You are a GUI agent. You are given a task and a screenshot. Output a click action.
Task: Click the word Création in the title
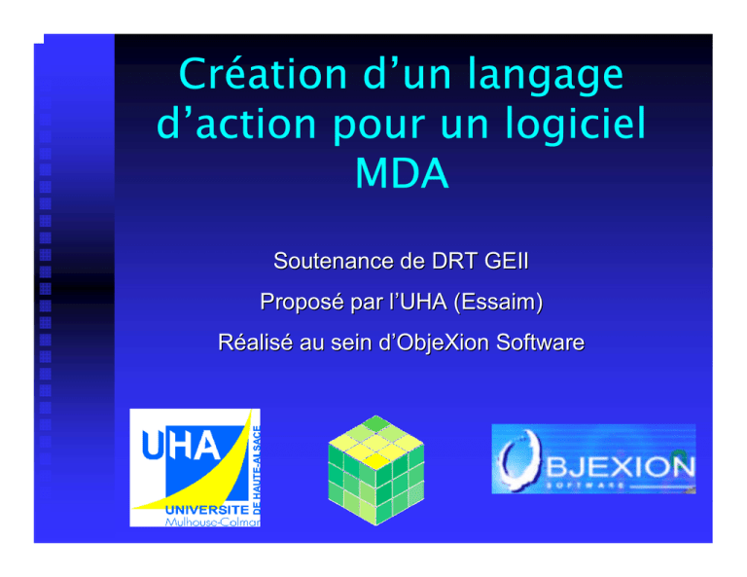coord(263,74)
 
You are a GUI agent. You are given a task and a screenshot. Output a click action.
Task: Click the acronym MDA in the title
coord(402,173)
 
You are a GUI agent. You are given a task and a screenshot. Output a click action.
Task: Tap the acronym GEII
coord(506,261)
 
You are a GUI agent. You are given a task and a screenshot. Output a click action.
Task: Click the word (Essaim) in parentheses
coord(498,302)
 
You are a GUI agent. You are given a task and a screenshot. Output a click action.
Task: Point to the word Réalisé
coord(255,343)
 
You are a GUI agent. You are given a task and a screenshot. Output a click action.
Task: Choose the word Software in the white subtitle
coord(540,343)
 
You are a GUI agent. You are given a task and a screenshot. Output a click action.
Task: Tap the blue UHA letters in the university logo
coord(181,445)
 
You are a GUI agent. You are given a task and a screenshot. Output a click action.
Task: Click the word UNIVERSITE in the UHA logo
coord(207,510)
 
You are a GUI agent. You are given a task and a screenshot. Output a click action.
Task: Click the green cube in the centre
coord(375,470)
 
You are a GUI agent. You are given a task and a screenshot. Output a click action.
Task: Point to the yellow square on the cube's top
coord(375,461)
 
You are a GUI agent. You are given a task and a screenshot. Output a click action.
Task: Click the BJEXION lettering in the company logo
coord(620,466)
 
